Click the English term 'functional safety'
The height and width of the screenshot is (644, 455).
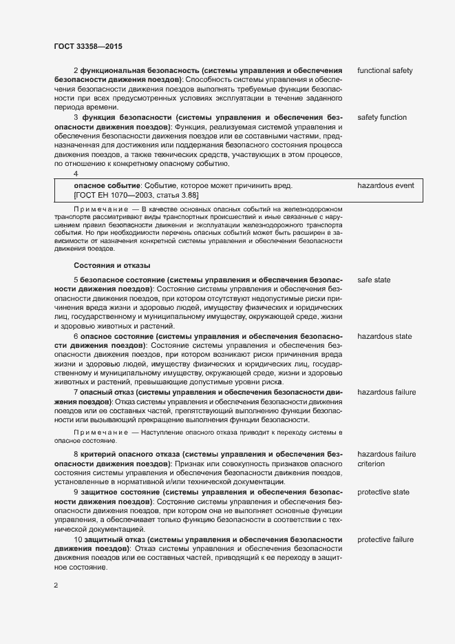pos(385,71)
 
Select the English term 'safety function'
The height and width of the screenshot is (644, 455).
pos(382,118)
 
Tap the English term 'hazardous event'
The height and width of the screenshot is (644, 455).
pos(385,186)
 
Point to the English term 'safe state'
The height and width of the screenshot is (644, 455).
pos(375,281)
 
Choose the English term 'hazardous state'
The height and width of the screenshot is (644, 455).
pos(385,337)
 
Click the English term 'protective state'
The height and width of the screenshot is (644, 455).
pos(383,492)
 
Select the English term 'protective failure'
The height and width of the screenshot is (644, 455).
pos(385,539)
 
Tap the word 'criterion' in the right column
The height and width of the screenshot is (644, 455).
pos(371,464)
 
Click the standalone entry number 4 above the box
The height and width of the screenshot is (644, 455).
pos(76,174)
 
